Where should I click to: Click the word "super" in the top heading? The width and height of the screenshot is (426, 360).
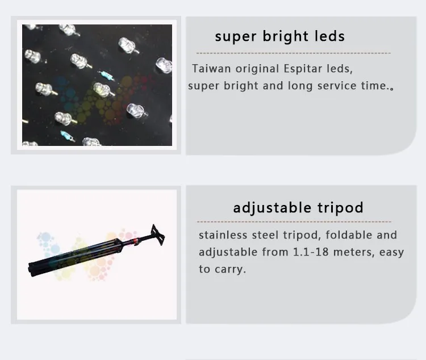[x=236, y=37]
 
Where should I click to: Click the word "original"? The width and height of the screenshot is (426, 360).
[x=257, y=69]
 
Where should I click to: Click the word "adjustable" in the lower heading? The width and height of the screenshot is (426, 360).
[x=272, y=208]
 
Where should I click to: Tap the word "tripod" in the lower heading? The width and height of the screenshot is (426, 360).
[x=340, y=208]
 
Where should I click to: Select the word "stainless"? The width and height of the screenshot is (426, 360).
[x=223, y=235]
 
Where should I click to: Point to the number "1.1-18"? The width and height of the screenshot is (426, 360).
[x=311, y=252]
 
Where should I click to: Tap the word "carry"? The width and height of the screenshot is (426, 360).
[x=230, y=270]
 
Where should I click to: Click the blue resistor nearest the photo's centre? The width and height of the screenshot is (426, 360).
[x=106, y=75]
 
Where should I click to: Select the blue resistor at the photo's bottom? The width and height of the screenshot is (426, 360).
[x=66, y=135]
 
